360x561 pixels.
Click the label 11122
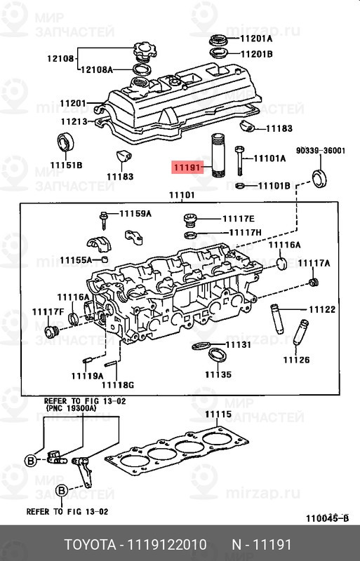pyautogui.click(x=322, y=309)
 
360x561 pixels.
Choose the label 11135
pyautogui.click(x=218, y=375)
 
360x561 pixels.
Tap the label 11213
pyautogui.click(x=73, y=121)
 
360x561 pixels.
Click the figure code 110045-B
pyautogui.click(x=328, y=518)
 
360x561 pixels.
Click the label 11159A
pyautogui.click(x=135, y=213)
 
